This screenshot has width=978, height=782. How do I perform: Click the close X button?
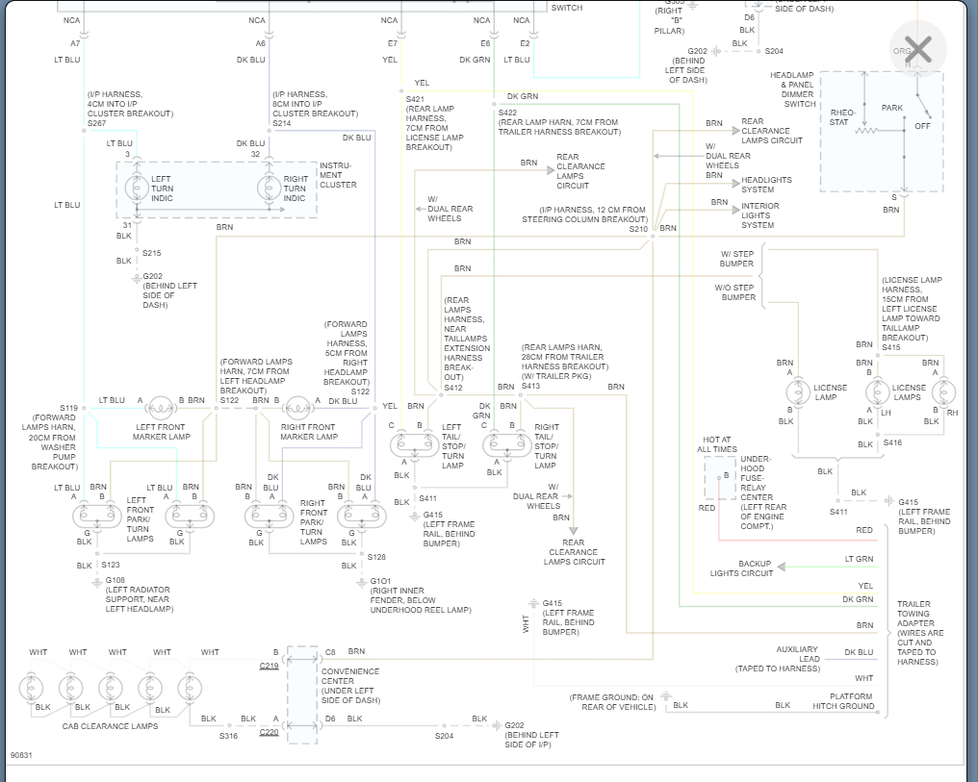point(918,49)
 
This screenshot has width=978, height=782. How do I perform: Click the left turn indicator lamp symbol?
point(137,188)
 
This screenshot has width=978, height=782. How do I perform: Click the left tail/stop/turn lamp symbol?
point(415,444)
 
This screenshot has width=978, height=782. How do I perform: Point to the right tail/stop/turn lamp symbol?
point(506,444)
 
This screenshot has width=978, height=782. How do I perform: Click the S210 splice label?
point(638,229)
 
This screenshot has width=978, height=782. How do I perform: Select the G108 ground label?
point(116,580)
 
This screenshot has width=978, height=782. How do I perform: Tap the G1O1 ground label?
point(381,581)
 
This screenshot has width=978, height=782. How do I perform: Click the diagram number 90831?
point(21,755)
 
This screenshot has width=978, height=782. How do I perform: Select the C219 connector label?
point(269,666)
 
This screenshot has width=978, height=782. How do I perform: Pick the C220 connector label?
point(269,732)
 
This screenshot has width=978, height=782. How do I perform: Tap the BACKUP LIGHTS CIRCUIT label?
point(742,568)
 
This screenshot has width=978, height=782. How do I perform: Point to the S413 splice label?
point(530,386)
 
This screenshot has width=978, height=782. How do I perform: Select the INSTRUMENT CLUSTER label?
point(337,175)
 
